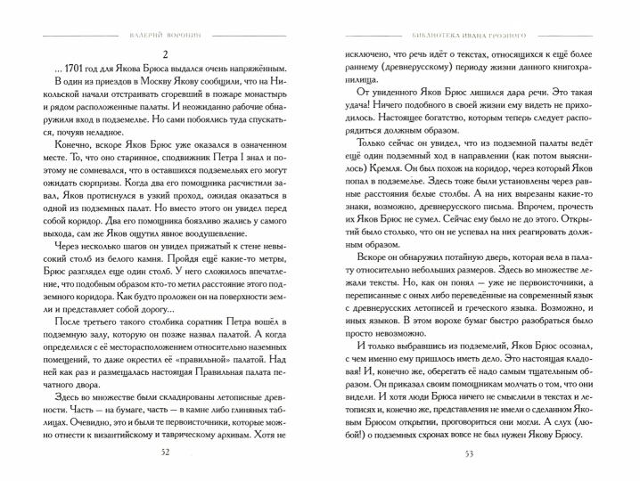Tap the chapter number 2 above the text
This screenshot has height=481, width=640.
[165, 53]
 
